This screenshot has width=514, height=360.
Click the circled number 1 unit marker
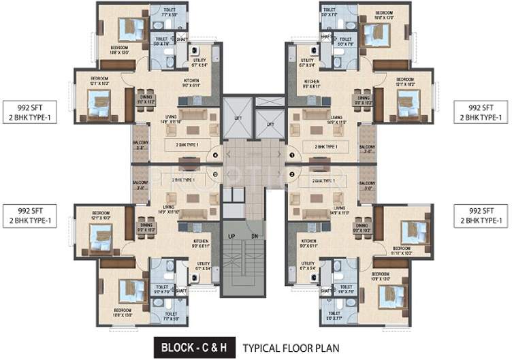(291, 156)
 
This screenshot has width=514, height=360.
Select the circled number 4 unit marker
(215, 156)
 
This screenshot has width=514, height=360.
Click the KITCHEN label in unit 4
(191, 80)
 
